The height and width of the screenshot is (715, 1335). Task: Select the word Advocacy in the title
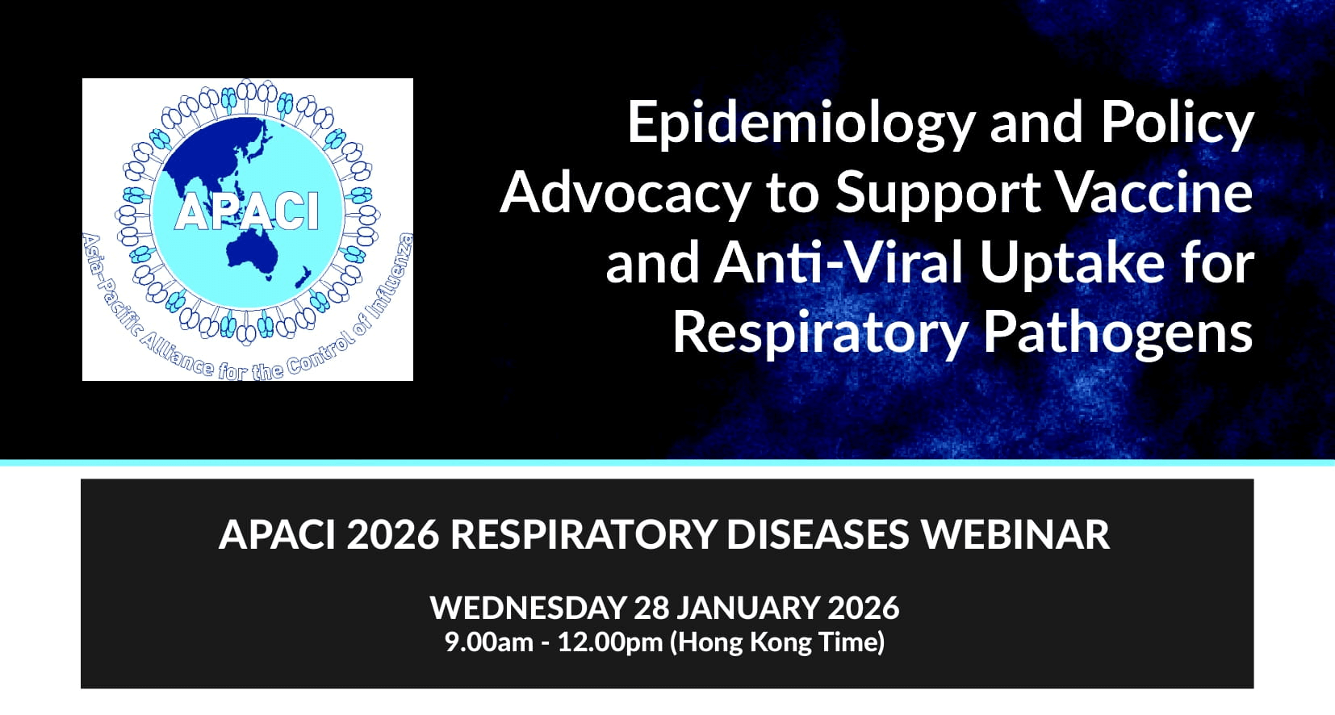(626, 193)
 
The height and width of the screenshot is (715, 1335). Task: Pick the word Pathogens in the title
(1118, 332)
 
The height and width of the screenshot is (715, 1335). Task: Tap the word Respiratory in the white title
(820, 332)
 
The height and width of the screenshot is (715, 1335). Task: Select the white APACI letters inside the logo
(247, 211)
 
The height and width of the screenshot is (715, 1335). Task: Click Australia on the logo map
(252, 252)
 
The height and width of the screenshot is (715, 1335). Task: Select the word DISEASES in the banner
(818, 534)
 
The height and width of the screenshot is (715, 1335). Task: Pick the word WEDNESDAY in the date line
(528, 608)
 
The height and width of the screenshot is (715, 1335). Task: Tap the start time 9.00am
(488, 642)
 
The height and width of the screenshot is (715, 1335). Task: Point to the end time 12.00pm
(610, 642)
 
